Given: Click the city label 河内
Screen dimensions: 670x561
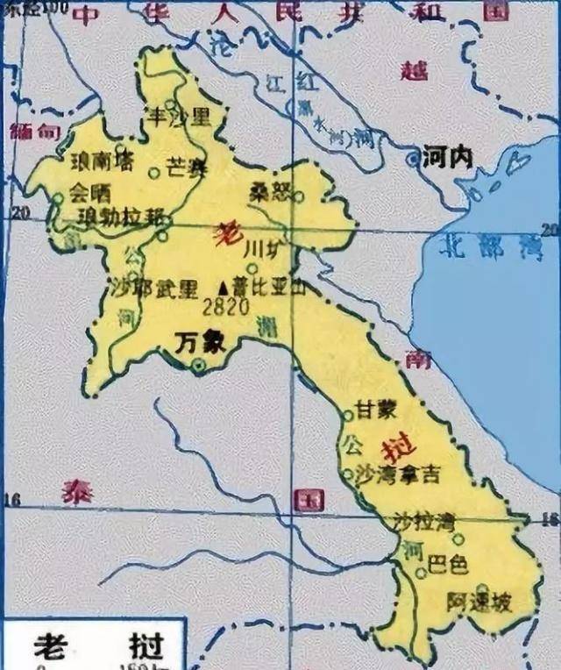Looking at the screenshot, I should point(447,158).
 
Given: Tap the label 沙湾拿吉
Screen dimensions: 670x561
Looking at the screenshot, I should point(396,474).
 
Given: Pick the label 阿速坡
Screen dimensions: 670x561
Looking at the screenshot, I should point(478,604).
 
